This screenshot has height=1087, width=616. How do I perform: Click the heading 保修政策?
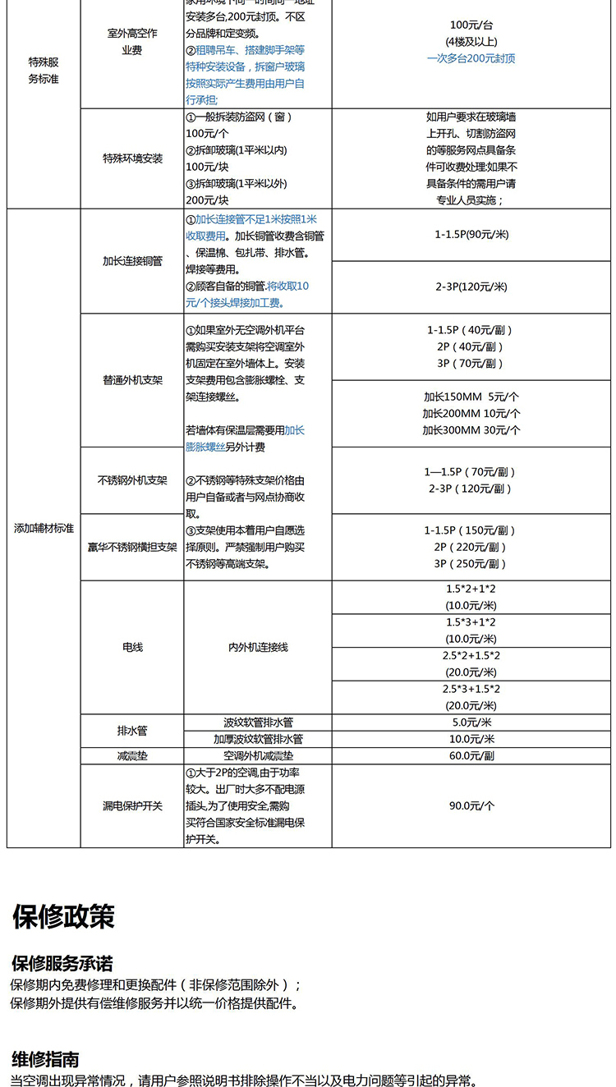click(x=63, y=916)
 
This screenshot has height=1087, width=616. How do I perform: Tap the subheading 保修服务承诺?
click(x=62, y=964)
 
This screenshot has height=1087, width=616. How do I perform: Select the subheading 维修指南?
click(x=45, y=1059)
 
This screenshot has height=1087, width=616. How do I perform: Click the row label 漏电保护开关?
click(x=132, y=806)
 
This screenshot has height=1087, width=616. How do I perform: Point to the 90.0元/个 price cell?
click(x=471, y=806)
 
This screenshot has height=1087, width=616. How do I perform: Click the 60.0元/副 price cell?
click(x=471, y=755)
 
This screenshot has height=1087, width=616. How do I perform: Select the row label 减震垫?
click(x=132, y=755)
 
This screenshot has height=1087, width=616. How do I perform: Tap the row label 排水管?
click(x=132, y=730)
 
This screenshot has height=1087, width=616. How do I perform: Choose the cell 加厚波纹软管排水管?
click(x=258, y=739)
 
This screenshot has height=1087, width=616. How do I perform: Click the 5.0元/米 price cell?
click(x=471, y=722)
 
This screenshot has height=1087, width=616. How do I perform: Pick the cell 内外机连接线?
click(x=258, y=647)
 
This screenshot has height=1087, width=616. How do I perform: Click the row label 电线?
click(x=132, y=647)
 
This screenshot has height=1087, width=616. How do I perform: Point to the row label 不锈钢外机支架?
click(x=132, y=480)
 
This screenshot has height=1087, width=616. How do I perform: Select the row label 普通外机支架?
click(x=132, y=381)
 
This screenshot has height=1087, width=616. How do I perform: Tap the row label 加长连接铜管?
click(x=132, y=261)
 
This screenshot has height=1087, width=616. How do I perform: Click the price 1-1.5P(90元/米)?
click(x=471, y=235)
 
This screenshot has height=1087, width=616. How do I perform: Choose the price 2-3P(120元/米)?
click(x=471, y=287)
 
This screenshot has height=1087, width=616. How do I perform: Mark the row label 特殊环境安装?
click(x=132, y=158)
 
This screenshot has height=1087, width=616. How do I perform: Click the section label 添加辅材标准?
click(x=44, y=528)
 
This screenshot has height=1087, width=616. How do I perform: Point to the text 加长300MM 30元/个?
click(x=471, y=430)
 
